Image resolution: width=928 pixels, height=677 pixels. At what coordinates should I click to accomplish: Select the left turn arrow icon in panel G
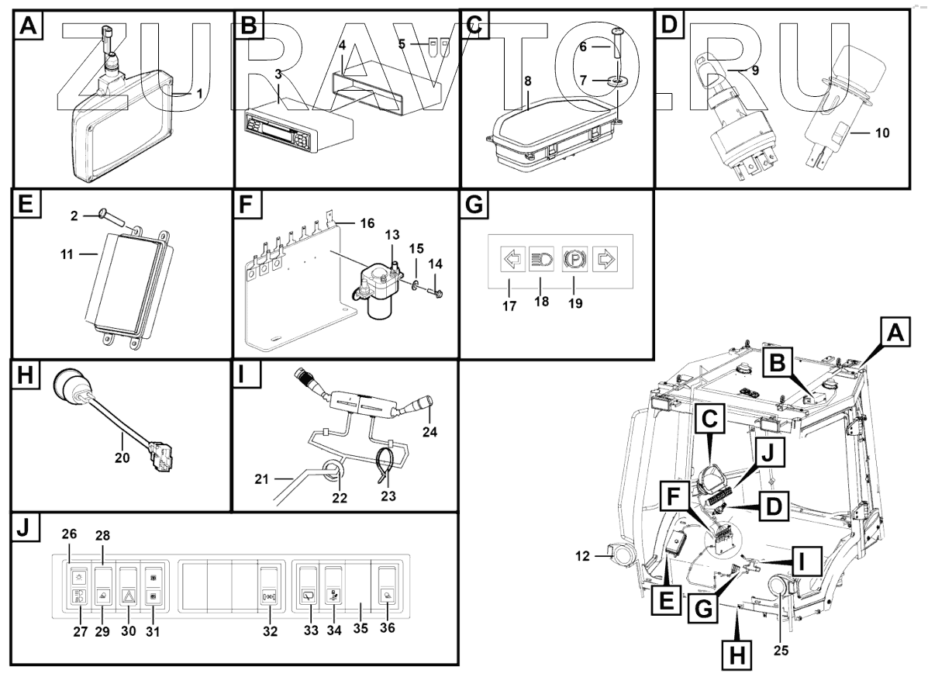coord(512,258)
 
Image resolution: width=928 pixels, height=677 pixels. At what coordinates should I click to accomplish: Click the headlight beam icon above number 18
coord(541,258)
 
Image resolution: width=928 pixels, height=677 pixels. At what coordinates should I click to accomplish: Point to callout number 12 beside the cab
coord(583,556)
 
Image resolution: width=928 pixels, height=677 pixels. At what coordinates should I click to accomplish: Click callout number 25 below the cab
coord(781,650)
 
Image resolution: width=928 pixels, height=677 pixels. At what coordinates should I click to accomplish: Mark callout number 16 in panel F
coord(367,223)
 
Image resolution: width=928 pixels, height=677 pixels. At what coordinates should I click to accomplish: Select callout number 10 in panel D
coord(881,133)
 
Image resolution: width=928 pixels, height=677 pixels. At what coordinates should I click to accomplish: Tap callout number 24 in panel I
coord(430,432)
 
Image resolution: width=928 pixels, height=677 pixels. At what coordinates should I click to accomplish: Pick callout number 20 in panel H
coord(122,458)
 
